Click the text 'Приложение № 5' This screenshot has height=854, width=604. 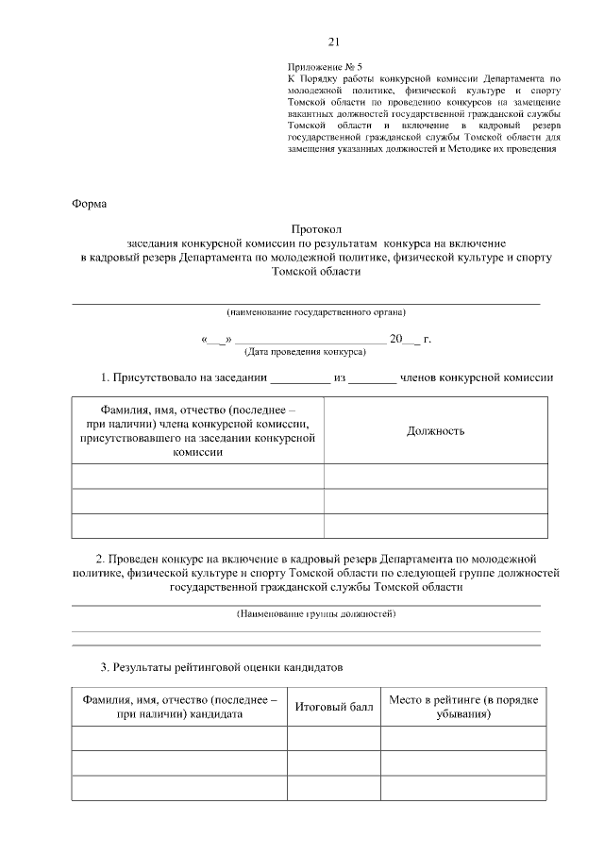pos(322,67)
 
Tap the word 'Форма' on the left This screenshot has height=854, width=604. pos(91,204)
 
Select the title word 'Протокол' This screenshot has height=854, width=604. pos(315,229)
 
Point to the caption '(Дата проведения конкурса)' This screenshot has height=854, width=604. pos(305,351)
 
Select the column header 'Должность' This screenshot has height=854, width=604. pos(435,431)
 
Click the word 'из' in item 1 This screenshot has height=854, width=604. pos(342,378)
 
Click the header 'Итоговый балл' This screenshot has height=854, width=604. pos(333,707)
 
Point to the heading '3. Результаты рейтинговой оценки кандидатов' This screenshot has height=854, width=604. pos(222,668)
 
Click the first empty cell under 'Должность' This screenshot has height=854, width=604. pos(435,477)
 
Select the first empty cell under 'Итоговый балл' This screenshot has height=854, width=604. pos(333,738)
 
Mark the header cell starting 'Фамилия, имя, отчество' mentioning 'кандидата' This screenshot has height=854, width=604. pos(179,707)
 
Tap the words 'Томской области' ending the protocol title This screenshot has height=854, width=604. pos(315,271)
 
